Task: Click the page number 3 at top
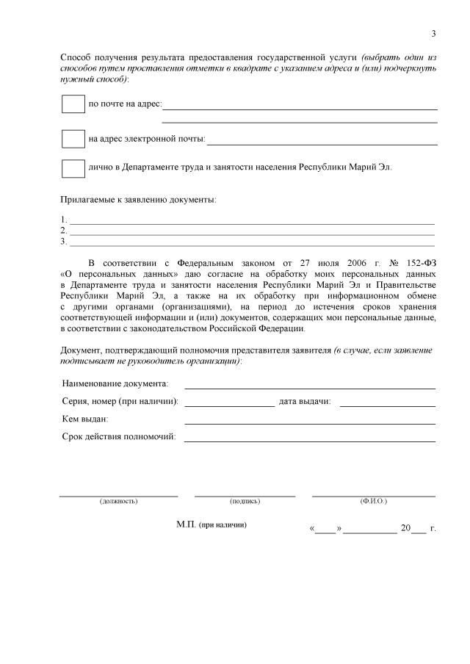[433, 34]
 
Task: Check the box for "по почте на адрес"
[73, 104]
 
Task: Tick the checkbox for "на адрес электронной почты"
[73, 138]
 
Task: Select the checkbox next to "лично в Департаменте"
[73, 167]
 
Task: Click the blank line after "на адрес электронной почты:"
[322, 142]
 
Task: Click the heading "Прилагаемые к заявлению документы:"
[137, 199]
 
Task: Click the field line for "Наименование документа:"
[309, 386]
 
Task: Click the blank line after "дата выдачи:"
[387, 404]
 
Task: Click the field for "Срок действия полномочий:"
[309, 440]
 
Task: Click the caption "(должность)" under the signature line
[118, 501]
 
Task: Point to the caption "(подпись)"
[245, 501]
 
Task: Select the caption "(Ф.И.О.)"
[373, 501]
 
